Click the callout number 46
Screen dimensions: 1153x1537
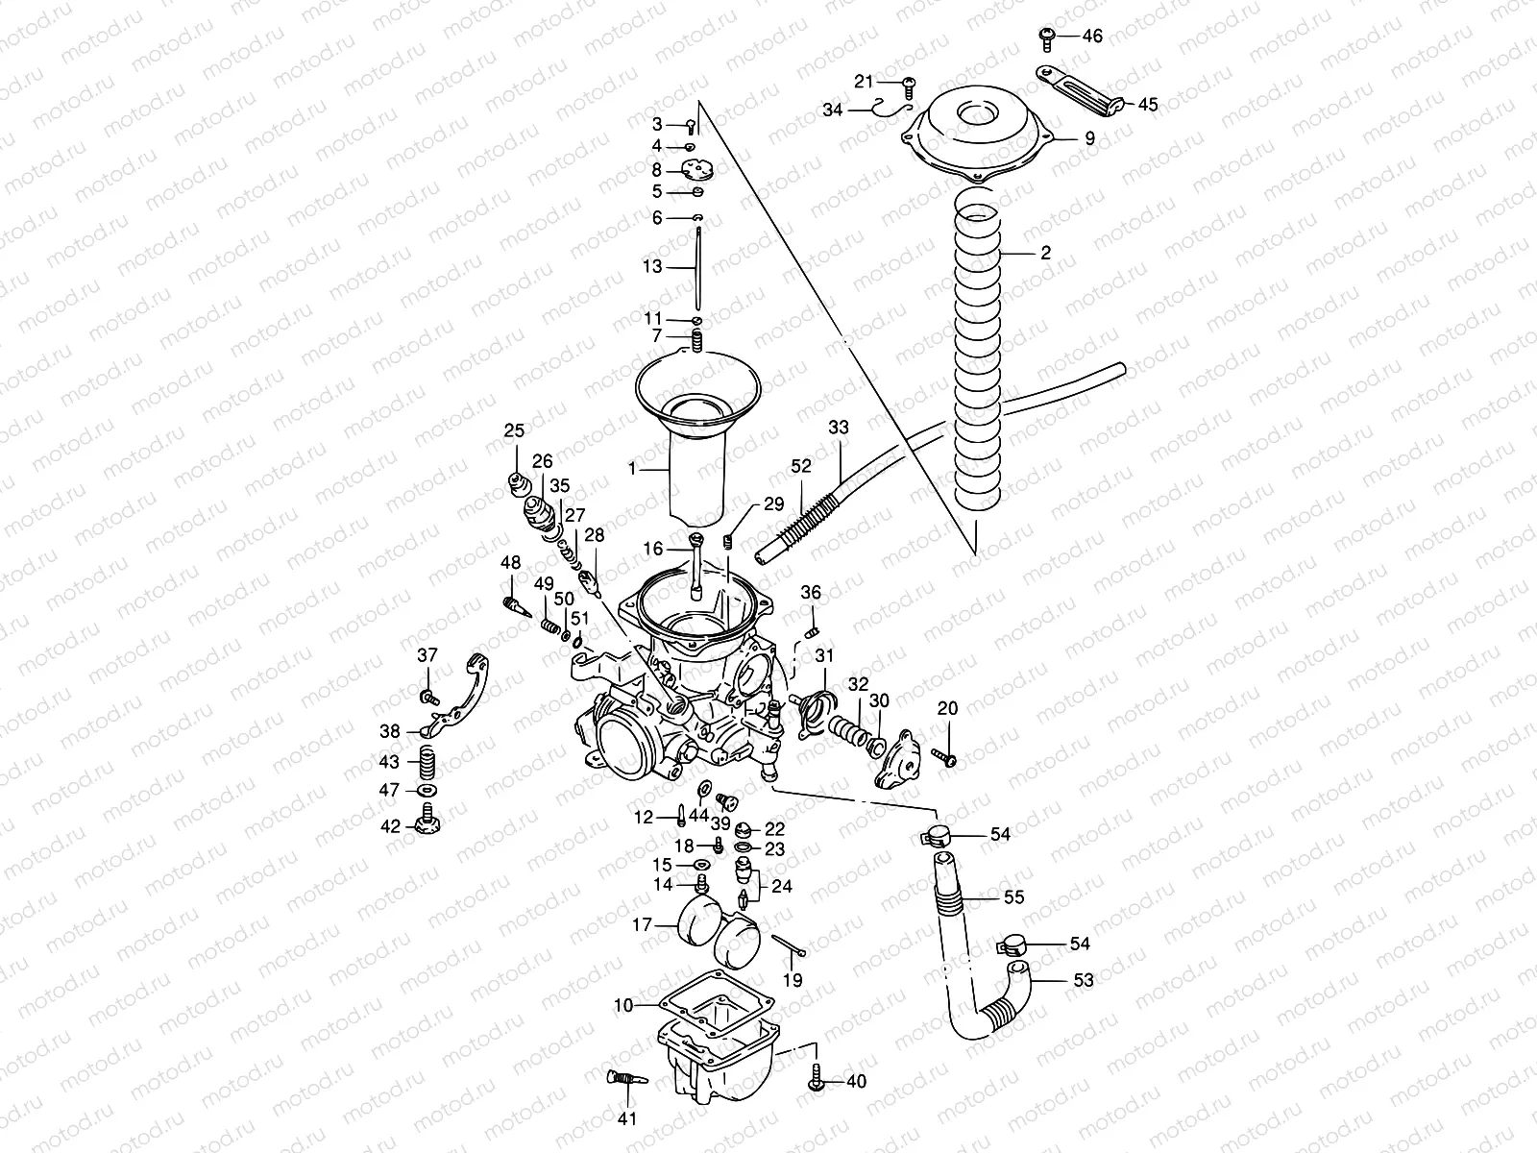tap(1092, 37)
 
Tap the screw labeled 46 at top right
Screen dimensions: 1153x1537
tap(1048, 37)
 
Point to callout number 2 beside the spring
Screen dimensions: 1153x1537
tap(1045, 254)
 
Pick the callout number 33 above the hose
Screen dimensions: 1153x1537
tap(839, 428)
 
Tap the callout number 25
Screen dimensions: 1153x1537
tap(515, 429)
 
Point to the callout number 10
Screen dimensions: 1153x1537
tap(624, 1005)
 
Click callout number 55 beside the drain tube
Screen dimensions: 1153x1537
tap(1013, 897)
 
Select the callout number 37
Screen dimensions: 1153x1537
tap(427, 656)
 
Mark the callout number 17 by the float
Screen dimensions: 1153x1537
tap(642, 926)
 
